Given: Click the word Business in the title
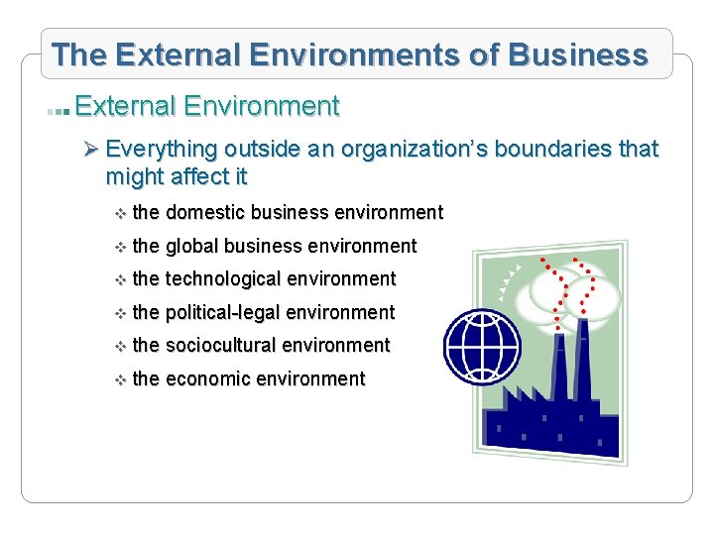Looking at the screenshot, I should click(x=580, y=54).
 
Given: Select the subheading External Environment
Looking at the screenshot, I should click(x=207, y=105).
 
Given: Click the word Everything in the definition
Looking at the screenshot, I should click(x=162, y=149).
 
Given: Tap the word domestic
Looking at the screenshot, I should click(x=206, y=212).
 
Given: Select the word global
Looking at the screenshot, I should click(x=192, y=246).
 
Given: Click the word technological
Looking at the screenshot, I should click(x=223, y=279).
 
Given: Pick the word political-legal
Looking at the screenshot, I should click(x=223, y=312).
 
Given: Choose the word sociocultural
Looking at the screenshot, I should click(x=223, y=345).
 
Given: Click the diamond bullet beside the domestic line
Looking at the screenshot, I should click(x=119, y=213).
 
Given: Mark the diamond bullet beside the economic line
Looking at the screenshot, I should click(x=119, y=379).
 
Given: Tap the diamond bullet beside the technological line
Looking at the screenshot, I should click(x=119, y=280).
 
